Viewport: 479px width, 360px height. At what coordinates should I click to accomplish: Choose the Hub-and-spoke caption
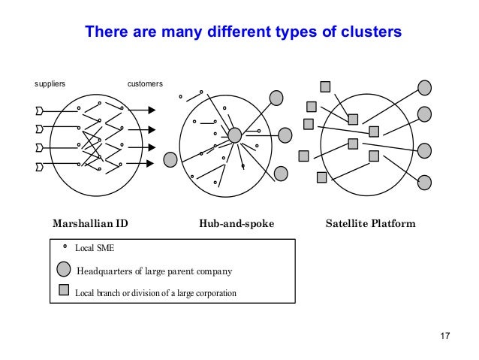tap(236, 224)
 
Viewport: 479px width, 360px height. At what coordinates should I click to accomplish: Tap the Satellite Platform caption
tap(370, 224)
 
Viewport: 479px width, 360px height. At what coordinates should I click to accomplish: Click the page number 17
tap(443, 334)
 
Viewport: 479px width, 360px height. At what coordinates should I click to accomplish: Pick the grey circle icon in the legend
tap(65, 271)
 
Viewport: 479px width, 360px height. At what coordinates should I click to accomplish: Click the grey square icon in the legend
tap(65, 290)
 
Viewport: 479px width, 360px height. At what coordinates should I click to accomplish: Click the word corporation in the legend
tap(215, 292)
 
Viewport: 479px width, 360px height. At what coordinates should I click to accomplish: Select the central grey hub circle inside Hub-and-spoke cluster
tap(234, 135)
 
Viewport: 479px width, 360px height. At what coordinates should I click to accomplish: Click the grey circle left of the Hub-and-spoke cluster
tap(170, 159)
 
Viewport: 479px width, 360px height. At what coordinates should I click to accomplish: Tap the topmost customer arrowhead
tap(152, 110)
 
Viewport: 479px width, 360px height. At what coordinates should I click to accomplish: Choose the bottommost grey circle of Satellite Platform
tap(424, 182)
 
